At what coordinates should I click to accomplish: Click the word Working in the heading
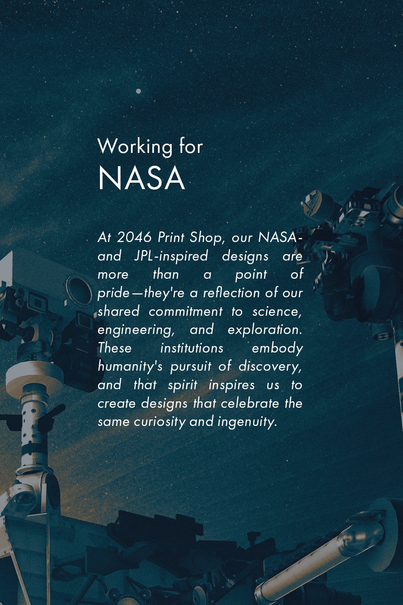(x=135, y=147)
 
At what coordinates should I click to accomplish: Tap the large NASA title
(x=141, y=178)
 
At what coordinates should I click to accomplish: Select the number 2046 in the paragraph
(x=135, y=237)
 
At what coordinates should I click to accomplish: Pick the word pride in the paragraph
(x=114, y=293)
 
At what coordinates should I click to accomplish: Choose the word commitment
(x=186, y=311)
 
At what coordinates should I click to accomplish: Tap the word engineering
(x=136, y=330)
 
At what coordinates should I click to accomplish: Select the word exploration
(x=265, y=330)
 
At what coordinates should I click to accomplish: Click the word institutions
(x=192, y=348)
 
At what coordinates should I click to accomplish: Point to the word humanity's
(x=130, y=367)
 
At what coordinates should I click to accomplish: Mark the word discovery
(x=270, y=367)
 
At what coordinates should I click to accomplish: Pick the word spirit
(x=183, y=386)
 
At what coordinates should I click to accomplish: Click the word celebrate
(x=250, y=403)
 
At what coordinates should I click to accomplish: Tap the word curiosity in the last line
(x=160, y=422)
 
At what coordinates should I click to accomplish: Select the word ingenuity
(x=247, y=422)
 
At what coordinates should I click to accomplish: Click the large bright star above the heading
(x=139, y=91)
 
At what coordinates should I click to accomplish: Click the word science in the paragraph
(x=277, y=312)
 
